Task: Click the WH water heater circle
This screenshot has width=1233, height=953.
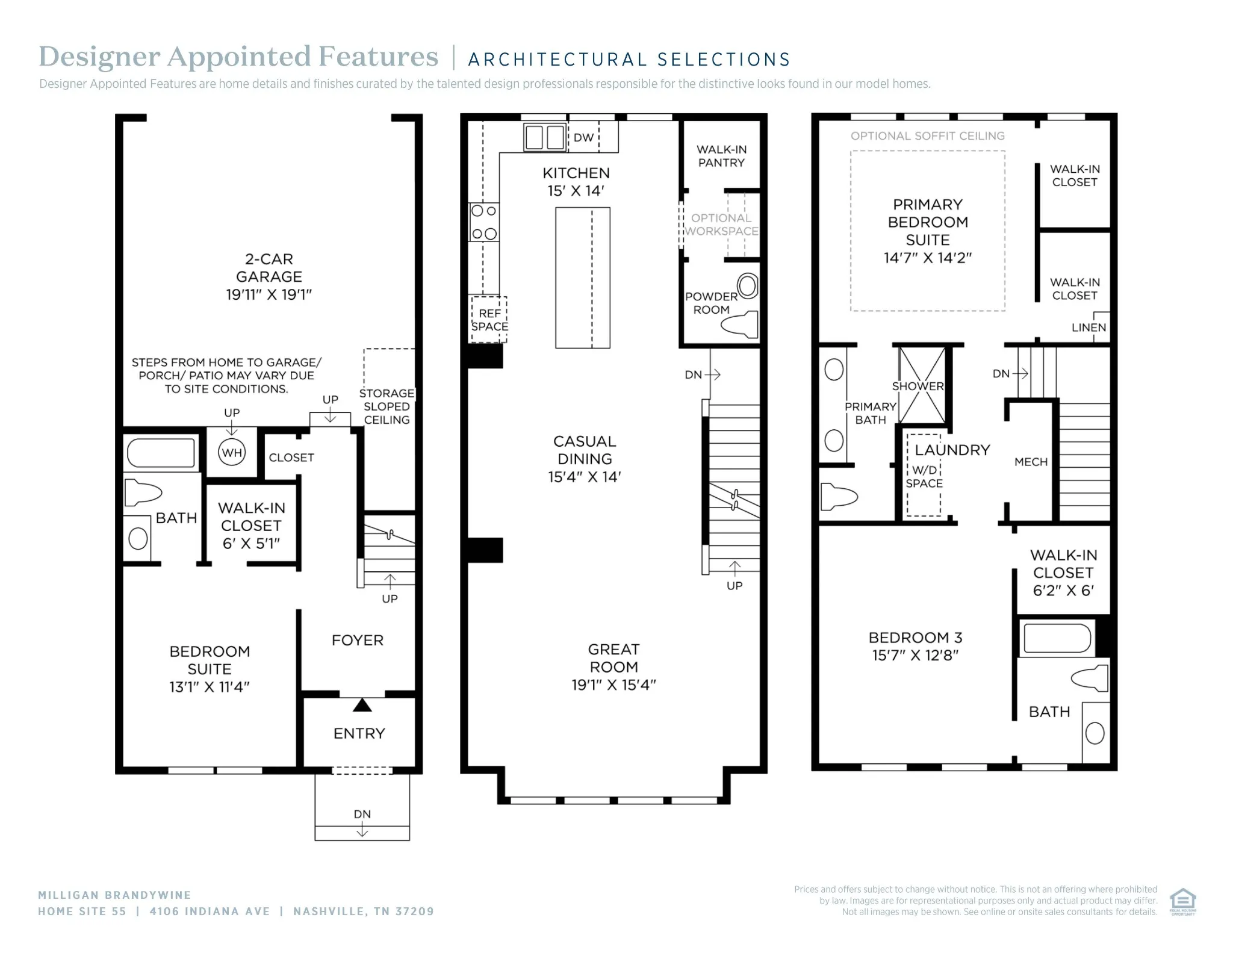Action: [232, 453]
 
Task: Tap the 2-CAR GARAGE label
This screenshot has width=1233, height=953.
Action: [269, 267]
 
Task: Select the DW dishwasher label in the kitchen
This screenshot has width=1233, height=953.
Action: [583, 137]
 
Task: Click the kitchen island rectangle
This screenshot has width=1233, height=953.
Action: [583, 278]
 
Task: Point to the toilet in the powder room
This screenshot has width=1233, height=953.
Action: [739, 324]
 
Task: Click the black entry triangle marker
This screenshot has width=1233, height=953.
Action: [362, 704]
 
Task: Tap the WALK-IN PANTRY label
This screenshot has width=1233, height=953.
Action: [721, 156]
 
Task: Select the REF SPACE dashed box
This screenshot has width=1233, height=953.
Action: [489, 320]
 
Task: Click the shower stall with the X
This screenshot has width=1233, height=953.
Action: [921, 385]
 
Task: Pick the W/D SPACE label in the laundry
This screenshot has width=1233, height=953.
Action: [924, 476]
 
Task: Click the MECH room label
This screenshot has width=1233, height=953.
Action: [1031, 462]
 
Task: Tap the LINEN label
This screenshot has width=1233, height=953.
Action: [1089, 327]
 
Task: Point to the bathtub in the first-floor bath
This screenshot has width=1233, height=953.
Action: [161, 453]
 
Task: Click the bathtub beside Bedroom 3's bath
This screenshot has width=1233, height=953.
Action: [1057, 638]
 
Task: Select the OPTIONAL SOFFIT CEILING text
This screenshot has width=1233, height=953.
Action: [928, 136]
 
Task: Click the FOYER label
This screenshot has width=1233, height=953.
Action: [358, 640]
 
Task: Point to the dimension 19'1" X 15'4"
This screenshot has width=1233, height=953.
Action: [613, 684]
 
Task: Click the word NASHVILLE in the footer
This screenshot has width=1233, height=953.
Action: [328, 911]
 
